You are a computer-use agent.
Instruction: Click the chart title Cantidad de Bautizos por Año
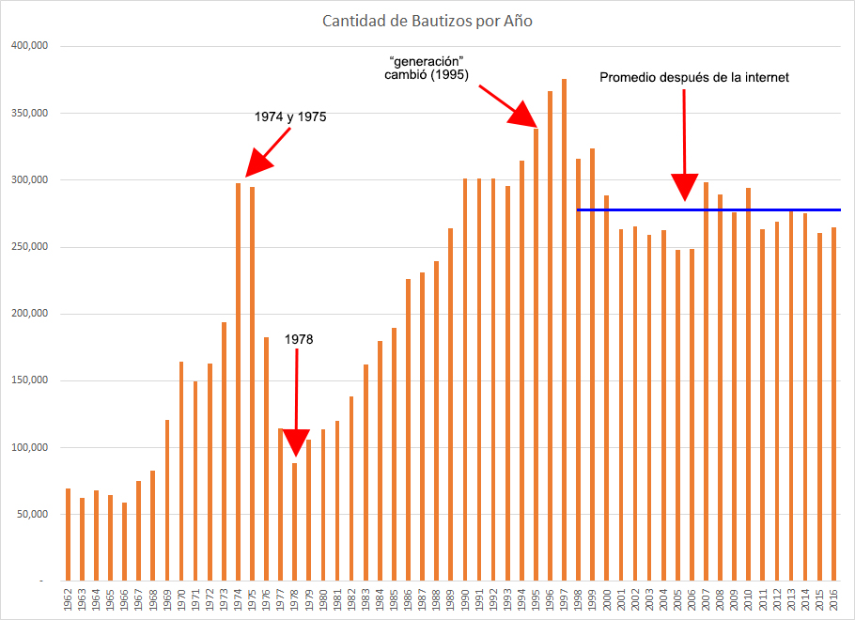[x=427, y=21]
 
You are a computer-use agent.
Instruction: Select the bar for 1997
[x=564, y=329]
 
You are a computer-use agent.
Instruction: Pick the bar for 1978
[x=294, y=521]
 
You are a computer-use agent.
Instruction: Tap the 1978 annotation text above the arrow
[x=298, y=339]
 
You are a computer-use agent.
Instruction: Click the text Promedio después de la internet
[x=694, y=78]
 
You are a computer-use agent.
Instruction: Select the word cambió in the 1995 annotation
[x=406, y=73]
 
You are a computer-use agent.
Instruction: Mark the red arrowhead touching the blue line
[x=685, y=189]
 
